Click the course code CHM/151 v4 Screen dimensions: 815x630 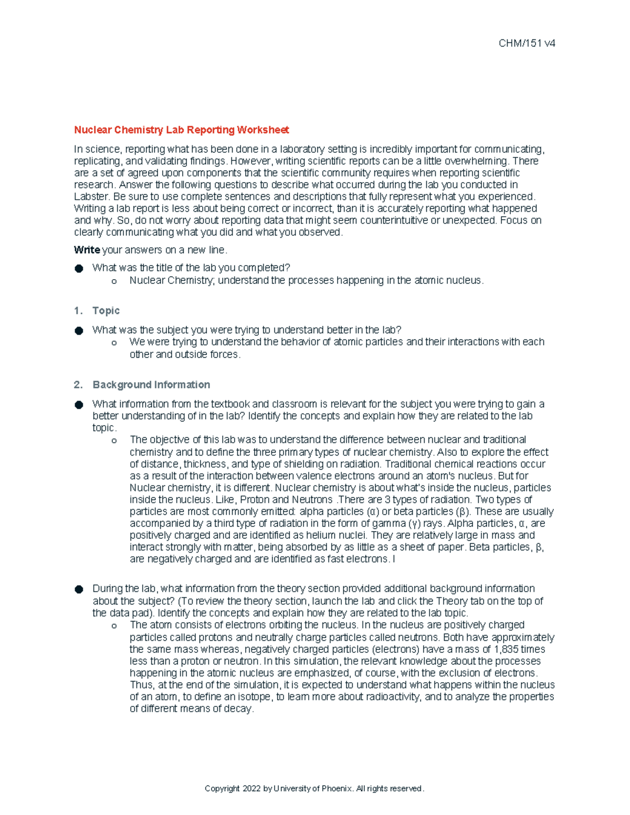527,44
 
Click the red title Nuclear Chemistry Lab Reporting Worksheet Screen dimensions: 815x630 181,130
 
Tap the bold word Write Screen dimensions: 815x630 87,250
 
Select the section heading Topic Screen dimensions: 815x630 106,311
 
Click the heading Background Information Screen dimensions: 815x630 151,385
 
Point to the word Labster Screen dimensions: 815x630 92,197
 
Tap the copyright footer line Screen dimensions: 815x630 314,788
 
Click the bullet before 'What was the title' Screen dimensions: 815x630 79,268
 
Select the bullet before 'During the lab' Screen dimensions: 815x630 79,589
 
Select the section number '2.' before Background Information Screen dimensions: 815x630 78,385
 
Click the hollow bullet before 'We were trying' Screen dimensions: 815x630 114,343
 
